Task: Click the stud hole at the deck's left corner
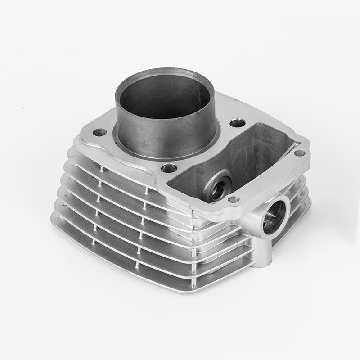[99, 133]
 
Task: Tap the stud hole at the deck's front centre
[169, 168]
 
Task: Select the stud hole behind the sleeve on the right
[238, 123]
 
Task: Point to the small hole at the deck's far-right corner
[299, 153]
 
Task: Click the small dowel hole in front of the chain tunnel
[234, 199]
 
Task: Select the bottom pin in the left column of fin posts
[94, 242]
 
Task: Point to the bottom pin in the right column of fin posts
[137, 265]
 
